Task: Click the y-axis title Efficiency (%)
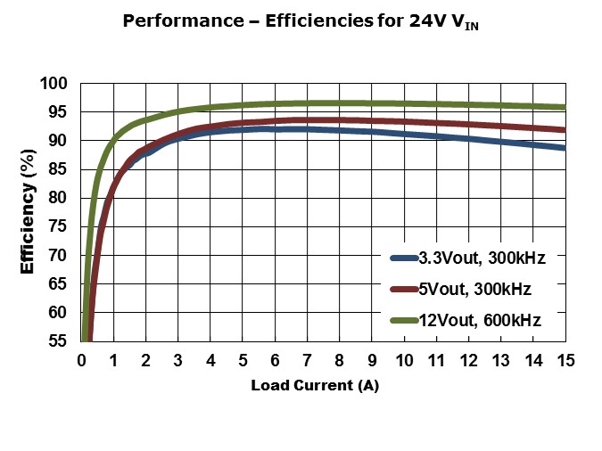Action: click(28, 212)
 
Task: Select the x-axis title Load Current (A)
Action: click(321, 386)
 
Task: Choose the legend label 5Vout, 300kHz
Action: click(482, 289)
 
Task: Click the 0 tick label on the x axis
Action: click(81, 361)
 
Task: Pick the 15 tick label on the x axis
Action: click(565, 361)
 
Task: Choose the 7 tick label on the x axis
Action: click(307, 361)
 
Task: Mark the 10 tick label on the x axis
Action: click(403, 361)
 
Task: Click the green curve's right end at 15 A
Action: click(564, 107)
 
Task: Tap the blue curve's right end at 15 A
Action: click(564, 148)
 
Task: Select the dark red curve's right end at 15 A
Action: click(564, 130)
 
